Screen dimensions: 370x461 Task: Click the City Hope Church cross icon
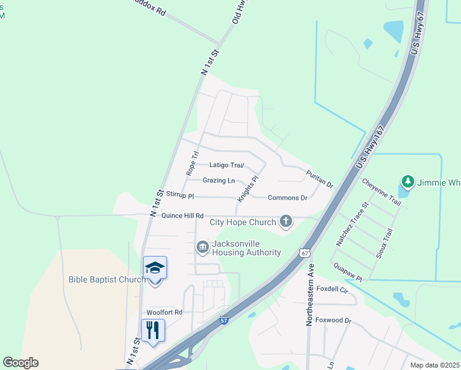pos(285,221)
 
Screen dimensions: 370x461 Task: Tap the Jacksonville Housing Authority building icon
pos(202,247)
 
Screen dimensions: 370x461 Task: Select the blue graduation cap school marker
pos(155,268)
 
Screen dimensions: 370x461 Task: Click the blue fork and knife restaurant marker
pos(153,330)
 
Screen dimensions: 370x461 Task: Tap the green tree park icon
pos(407,181)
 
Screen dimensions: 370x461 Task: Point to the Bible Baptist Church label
pos(107,279)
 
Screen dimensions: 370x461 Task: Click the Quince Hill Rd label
pos(182,216)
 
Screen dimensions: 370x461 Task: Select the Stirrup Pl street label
pos(180,195)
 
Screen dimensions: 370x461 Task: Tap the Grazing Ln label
pos(219,181)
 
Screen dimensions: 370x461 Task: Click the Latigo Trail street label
pos(227,165)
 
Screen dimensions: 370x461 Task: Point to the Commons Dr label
pos(287,197)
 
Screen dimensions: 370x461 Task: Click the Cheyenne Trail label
pos(381,192)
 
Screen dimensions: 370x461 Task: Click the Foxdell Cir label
pos(332,289)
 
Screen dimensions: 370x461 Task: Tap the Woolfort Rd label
pos(165,312)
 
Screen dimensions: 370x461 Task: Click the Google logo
pos(20,363)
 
